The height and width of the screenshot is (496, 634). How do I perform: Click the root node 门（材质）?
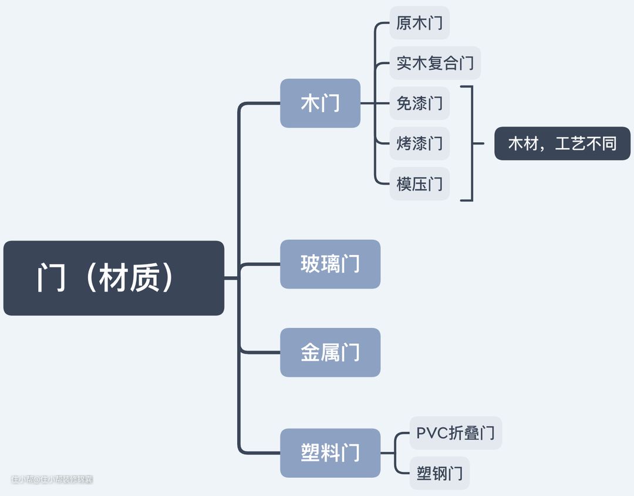click(x=113, y=278)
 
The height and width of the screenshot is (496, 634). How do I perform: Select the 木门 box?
click(x=320, y=103)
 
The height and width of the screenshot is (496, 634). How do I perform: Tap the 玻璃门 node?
click(x=330, y=264)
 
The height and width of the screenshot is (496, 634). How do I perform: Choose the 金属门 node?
click(x=330, y=353)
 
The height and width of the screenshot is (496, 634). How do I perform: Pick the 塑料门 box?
click(x=330, y=453)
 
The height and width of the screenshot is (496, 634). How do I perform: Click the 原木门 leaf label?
click(x=419, y=24)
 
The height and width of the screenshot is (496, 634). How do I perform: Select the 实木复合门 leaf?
click(x=435, y=63)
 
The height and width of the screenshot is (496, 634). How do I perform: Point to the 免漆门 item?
click(x=419, y=103)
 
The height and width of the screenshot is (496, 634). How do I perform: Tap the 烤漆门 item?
click(x=419, y=143)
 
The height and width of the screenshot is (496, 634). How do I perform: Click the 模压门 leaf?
click(x=419, y=184)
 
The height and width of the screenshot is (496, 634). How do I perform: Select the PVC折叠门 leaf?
click(x=456, y=433)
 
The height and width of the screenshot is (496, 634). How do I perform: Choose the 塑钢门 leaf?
click(x=440, y=473)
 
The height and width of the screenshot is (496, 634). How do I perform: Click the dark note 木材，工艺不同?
click(x=562, y=143)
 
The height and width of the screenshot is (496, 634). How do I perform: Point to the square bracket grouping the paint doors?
click(x=471, y=143)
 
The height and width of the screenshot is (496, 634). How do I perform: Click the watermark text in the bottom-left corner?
click(x=52, y=480)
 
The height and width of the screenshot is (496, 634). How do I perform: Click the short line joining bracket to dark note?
click(x=478, y=143)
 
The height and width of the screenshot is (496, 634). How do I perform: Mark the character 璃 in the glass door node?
click(x=330, y=264)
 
